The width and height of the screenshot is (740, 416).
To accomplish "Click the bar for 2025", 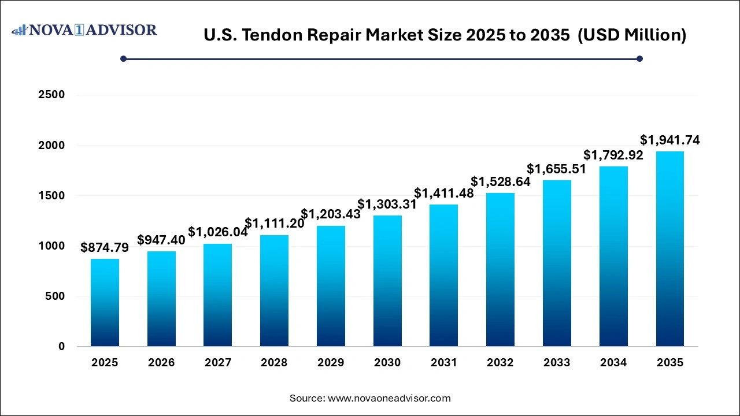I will coord(105,303).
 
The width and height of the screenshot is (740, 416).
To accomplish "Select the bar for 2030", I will coord(387,281).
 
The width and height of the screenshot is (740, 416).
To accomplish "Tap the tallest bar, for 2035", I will coord(670,249).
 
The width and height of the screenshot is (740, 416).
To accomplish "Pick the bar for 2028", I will coord(274,291).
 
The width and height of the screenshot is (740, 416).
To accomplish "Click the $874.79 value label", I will coord(105,248).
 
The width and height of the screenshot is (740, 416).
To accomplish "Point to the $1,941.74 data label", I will coord(670,140).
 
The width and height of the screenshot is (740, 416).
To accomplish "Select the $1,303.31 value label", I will coord(387,205).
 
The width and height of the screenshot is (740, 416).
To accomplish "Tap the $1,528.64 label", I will coord(501,181).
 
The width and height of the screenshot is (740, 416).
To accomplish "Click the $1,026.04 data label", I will coord(218,233).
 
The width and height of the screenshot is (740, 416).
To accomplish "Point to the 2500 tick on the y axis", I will coord(51,95).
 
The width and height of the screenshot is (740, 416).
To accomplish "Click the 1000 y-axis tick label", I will coord(51,246).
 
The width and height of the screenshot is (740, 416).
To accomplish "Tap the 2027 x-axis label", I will coord(218,363).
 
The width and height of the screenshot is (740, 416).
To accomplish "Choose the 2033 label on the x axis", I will coord(557,363).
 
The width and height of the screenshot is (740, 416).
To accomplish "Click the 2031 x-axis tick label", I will coord(444,363).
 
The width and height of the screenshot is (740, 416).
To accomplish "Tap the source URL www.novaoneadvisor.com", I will coord(389,398).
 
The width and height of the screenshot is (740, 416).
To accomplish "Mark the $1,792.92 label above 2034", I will coord(613,155).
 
